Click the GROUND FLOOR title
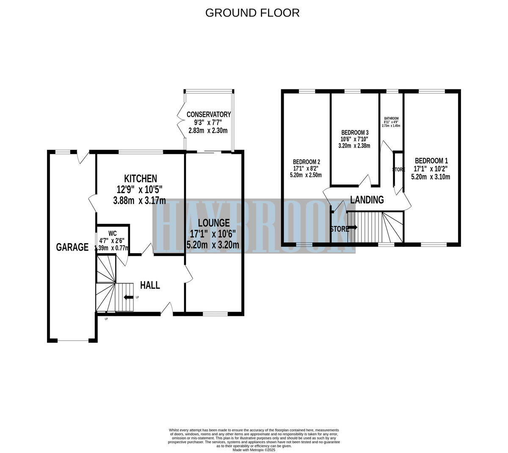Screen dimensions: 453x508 (252, 13)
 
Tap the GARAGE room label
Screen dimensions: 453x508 (72, 247)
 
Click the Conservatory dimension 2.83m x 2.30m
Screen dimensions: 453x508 (208, 130)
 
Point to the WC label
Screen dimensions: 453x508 (112, 233)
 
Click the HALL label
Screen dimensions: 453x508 (150, 285)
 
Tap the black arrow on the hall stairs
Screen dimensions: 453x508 (127, 298)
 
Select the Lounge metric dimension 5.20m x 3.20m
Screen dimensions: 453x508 (213, 245)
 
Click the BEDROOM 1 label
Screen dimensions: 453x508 (431, 161)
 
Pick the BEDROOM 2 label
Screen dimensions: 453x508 (306, 162)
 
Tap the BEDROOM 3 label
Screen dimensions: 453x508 (354, 132)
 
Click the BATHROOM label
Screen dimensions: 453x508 (391, 119)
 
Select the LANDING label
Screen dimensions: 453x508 (367, 199)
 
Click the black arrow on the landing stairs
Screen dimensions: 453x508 (353, 227)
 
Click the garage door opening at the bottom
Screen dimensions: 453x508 (73, 340)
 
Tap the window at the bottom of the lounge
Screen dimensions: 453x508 (215, 314)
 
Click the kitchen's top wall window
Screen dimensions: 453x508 (141, 152)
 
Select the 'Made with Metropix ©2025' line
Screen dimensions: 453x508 (254, 450)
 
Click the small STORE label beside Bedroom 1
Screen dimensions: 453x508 (398, 170)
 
